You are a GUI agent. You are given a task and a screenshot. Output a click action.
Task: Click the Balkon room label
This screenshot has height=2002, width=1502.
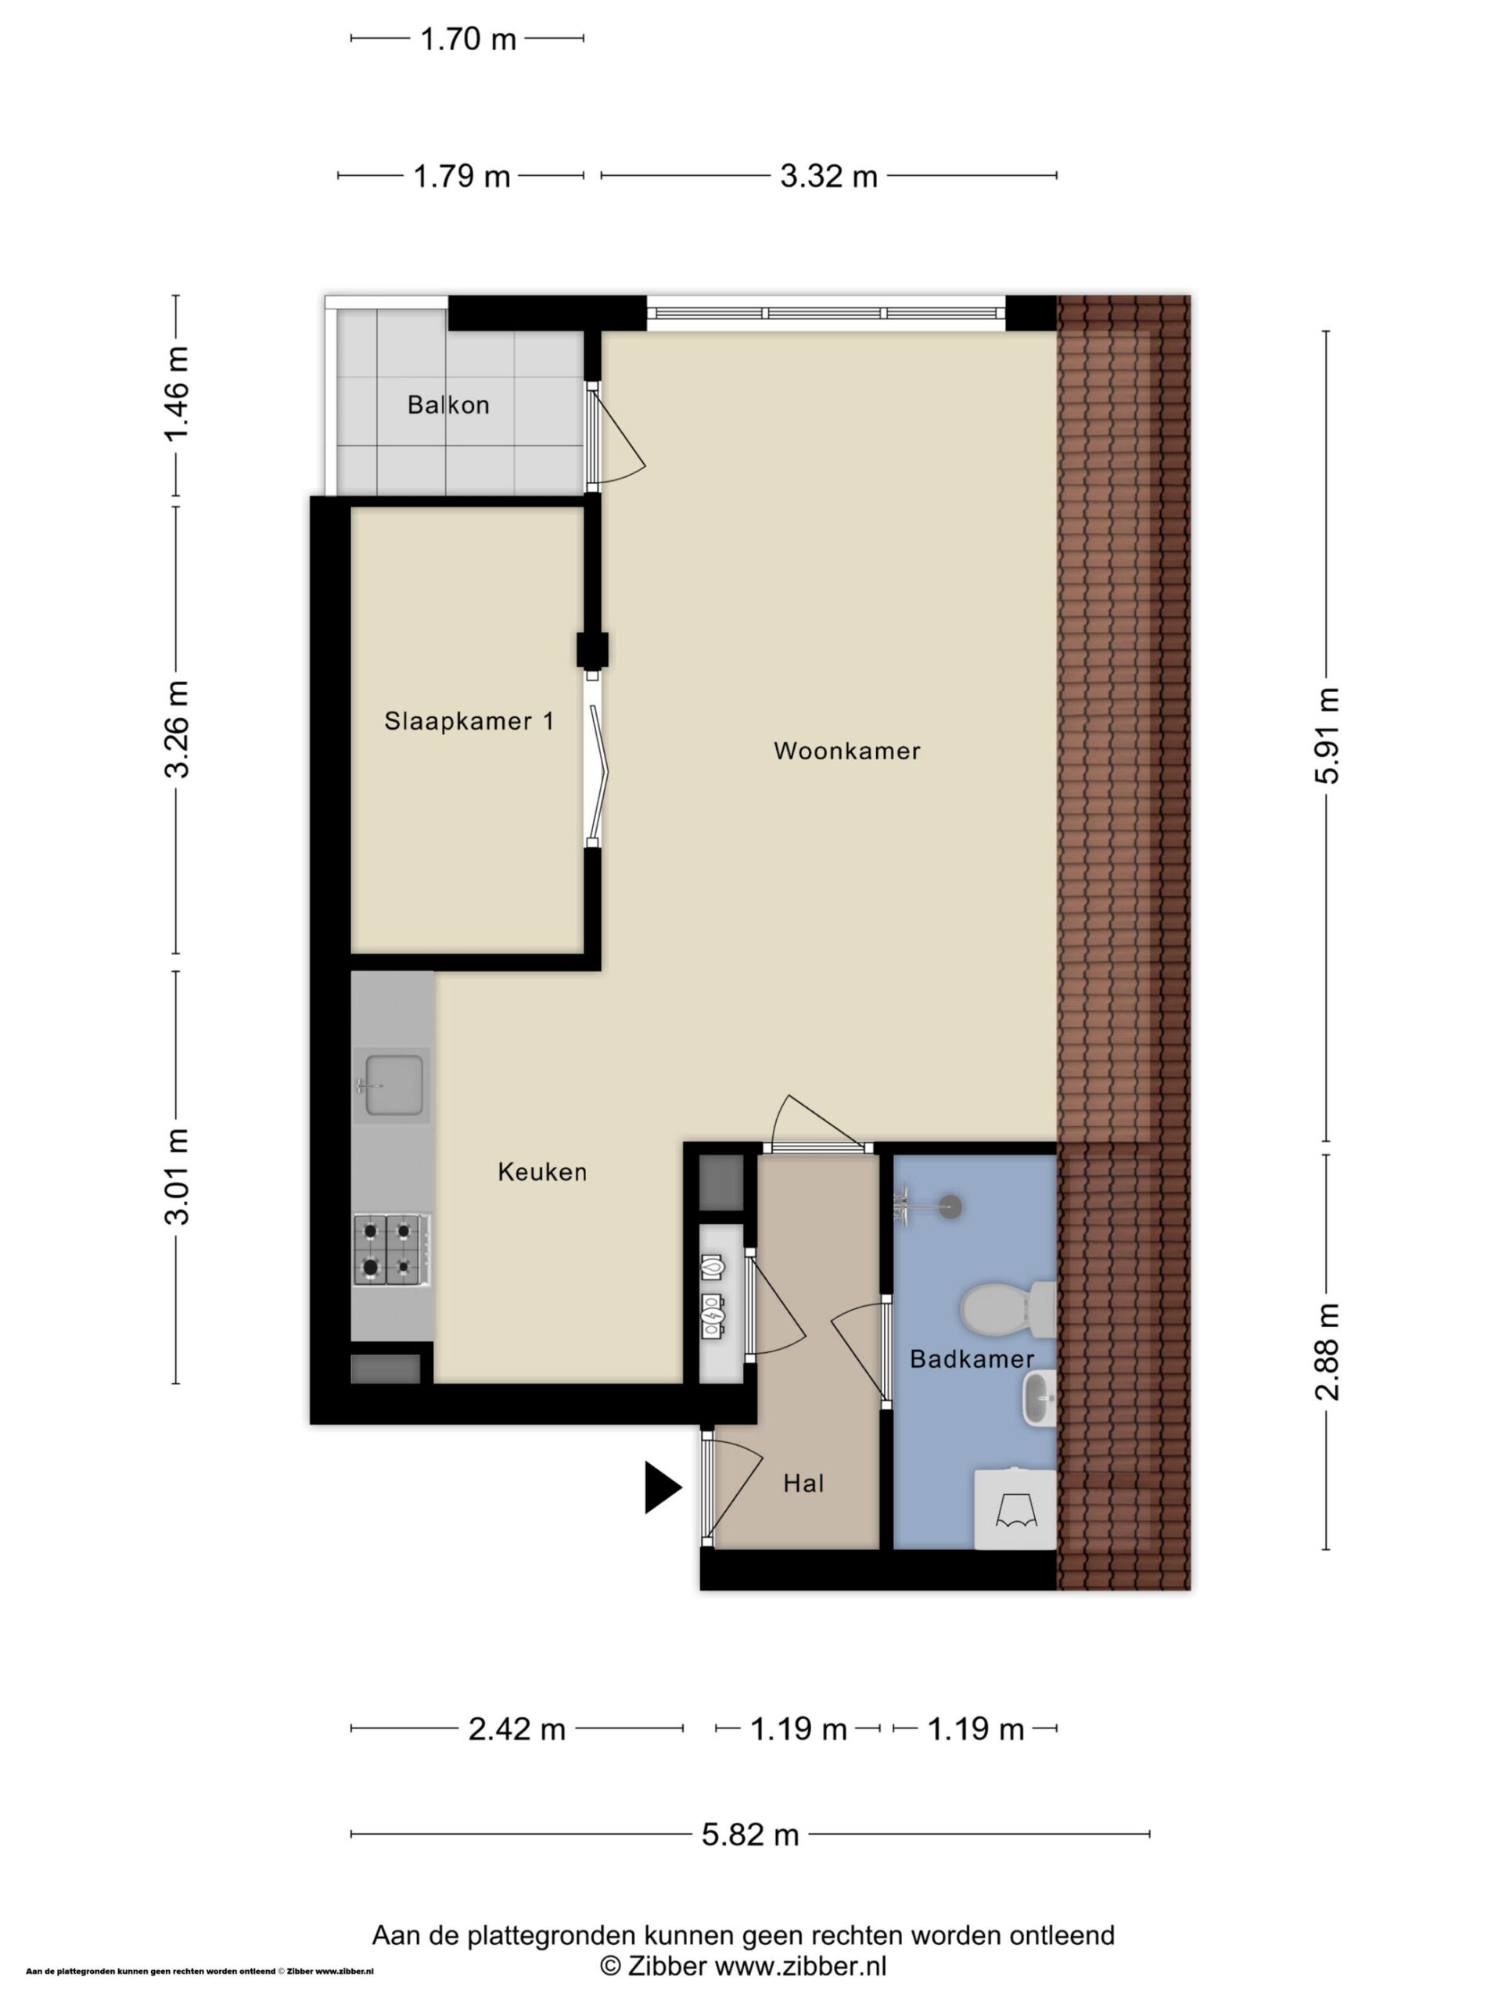(x=448, y=404)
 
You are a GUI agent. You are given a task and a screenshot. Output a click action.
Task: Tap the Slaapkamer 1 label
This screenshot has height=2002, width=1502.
(x=469, y=720)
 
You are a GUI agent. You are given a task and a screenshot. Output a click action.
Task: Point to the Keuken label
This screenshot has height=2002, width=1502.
(x=542, y=1172)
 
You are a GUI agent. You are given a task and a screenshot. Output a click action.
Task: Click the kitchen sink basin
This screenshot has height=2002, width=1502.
(x=393, y=1084)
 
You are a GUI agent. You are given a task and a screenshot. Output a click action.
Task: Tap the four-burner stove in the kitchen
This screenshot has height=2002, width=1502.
(x=391, y=1249)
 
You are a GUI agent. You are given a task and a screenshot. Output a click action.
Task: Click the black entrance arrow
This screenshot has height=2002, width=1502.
(x=663, y=1487)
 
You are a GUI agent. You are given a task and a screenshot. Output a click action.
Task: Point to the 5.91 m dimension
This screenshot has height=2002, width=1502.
(x=1328, y=735)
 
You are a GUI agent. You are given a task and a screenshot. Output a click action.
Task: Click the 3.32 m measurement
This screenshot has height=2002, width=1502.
(x=829, y=176)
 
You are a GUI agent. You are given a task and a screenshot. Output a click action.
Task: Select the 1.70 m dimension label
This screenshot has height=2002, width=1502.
(x=468, y=39)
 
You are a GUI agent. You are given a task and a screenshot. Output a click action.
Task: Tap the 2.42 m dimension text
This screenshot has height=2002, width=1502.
(x=517, y=1730)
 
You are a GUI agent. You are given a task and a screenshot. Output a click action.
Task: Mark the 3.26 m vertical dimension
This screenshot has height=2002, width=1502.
(x=177, y=730)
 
